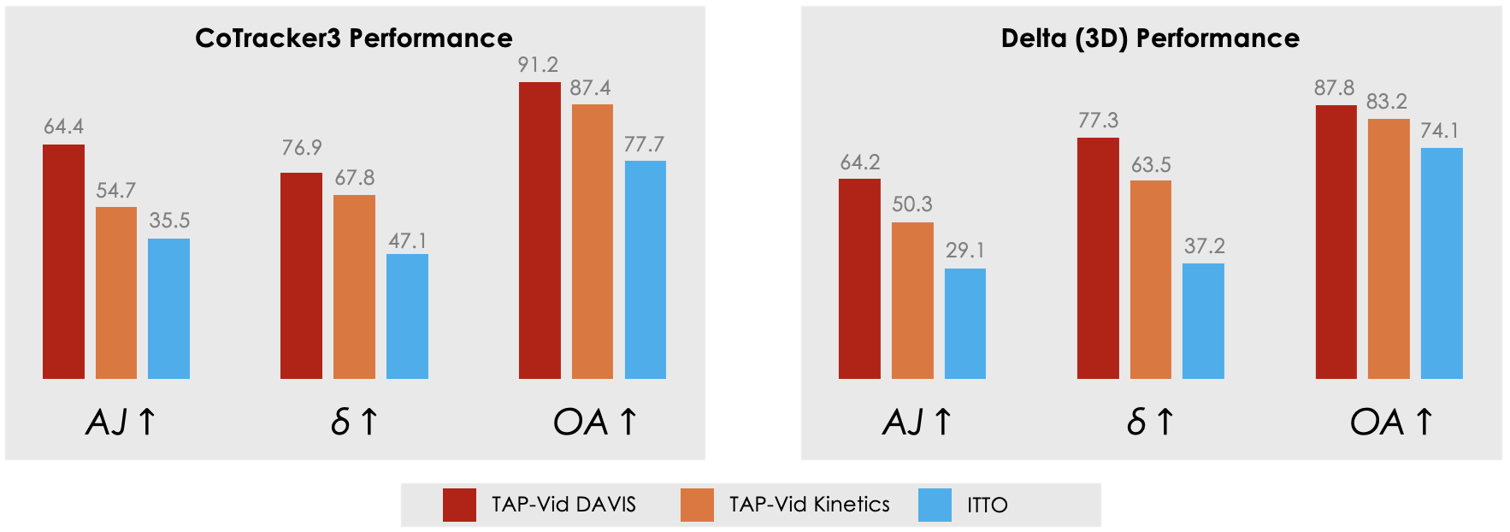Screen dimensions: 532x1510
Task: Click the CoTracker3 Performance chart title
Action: pyautogui.click(x=353, y=38)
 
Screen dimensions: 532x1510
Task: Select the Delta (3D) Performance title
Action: pyautogui.click(x=1150, y=38)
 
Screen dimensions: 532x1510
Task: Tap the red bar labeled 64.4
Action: pyautogui.click(x=63, y=261)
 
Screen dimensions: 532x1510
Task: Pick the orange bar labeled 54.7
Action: pyautogui.click(x=116, y=293)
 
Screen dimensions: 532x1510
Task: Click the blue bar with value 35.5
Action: pyautogui.click(x=168, y=308)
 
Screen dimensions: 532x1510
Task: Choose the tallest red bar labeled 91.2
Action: pyautogui.click(x=540, y=230)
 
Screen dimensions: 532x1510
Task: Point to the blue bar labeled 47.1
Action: pyautogui.click(x=407, y=316)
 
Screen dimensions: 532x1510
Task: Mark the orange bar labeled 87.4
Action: pyautogui.click(x=593, y=241)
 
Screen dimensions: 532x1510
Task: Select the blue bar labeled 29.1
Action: pyautogui.click(x=965, y=323)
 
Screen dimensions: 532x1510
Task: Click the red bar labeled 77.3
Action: pyautogui.click(x=1098, y=257)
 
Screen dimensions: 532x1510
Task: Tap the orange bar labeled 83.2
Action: pyautogui.click(x=1389, y=248)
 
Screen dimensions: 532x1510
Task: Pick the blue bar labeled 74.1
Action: pyautogui.click(x=1442, y=263)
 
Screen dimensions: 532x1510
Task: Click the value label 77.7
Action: pyautogui.click(x=644, y=144)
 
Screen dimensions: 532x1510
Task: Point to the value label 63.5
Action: pyautogui.click(x=1151, y=164)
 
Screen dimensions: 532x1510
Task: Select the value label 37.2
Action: pyautogui.click(x=1204, y=246)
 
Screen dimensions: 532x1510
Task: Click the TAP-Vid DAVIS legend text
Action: pyautogui.click(x=563, y=505)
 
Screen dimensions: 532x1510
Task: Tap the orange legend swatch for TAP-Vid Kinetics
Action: pyautogui.click(x=697, y=505)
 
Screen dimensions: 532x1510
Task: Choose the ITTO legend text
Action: pyautogui.click(x=988, y=505)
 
